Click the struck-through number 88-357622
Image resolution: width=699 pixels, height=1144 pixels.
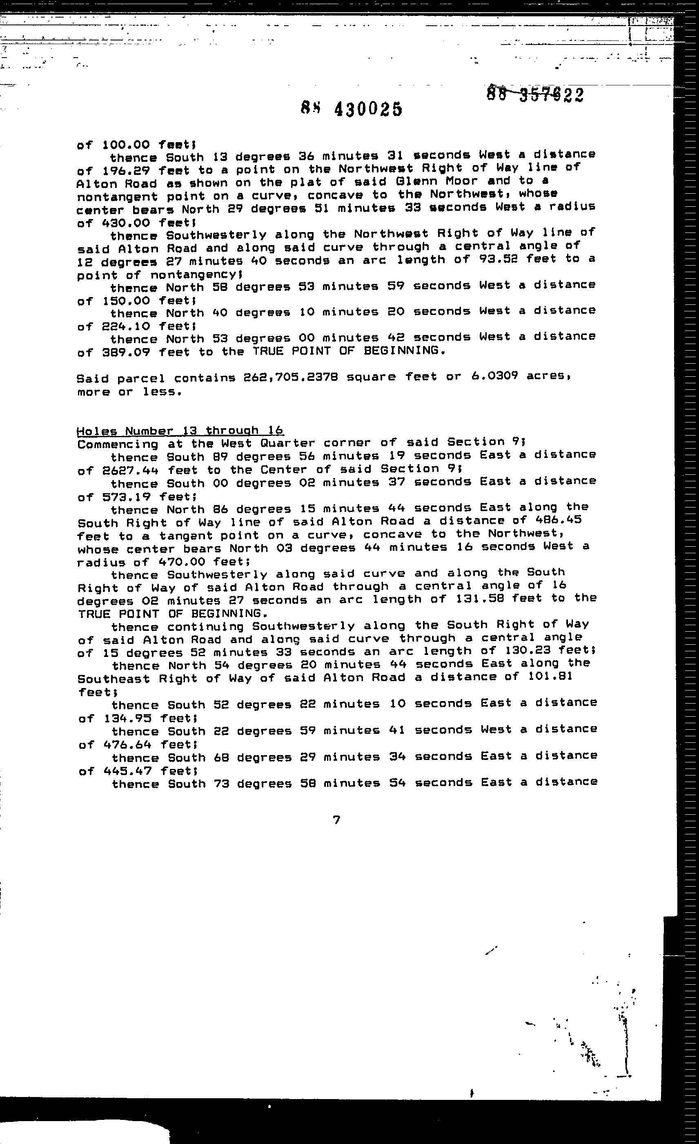[535, 94]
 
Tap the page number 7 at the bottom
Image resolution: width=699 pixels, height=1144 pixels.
[337, 820]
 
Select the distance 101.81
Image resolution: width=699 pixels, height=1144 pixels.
[550, 677]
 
